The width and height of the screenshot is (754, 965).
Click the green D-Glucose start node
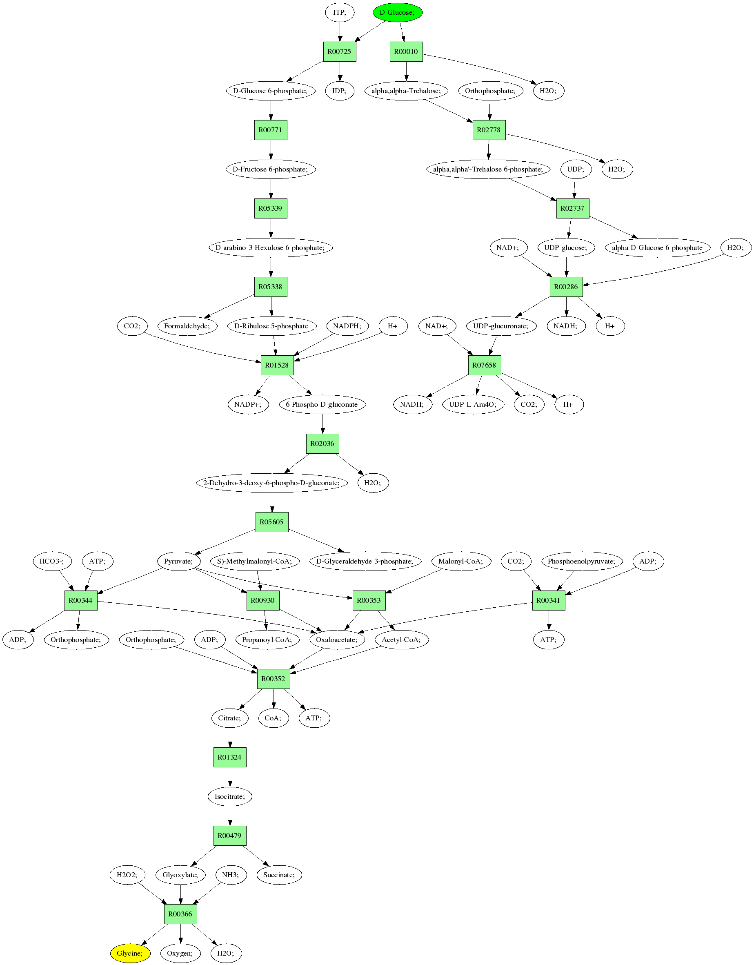398,12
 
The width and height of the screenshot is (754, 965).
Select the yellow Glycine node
130,953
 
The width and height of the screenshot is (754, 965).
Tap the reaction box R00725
339,52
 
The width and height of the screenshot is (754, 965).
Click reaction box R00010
406,52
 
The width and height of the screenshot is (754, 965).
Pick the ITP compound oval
339,12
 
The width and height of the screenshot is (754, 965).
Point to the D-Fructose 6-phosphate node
270,169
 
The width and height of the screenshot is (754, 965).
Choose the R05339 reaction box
270,209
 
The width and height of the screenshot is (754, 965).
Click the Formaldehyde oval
187,326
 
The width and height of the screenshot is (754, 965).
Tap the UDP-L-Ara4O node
473,404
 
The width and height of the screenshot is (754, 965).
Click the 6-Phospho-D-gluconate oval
322,404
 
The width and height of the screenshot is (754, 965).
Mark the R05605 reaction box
271,522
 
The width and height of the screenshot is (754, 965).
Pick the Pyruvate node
178,561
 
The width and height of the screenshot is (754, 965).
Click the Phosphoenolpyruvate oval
581,561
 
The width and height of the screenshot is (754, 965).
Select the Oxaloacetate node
337,640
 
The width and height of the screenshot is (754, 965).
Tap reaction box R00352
274,679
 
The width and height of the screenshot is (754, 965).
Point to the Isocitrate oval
230,796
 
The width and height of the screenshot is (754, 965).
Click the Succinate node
279,875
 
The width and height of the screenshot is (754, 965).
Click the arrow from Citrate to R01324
230,738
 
